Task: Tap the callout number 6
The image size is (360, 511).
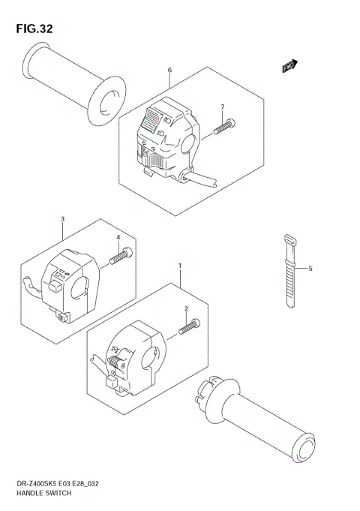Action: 169,70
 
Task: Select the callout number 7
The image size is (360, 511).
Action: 222,107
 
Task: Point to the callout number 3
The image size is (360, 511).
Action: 62,219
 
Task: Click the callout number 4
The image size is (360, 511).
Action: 118,238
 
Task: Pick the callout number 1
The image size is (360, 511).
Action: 180,266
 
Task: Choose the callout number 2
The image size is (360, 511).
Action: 186,308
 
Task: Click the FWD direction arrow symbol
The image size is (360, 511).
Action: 290,66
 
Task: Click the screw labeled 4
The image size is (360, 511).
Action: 121,257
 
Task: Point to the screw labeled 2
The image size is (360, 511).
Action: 190,326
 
